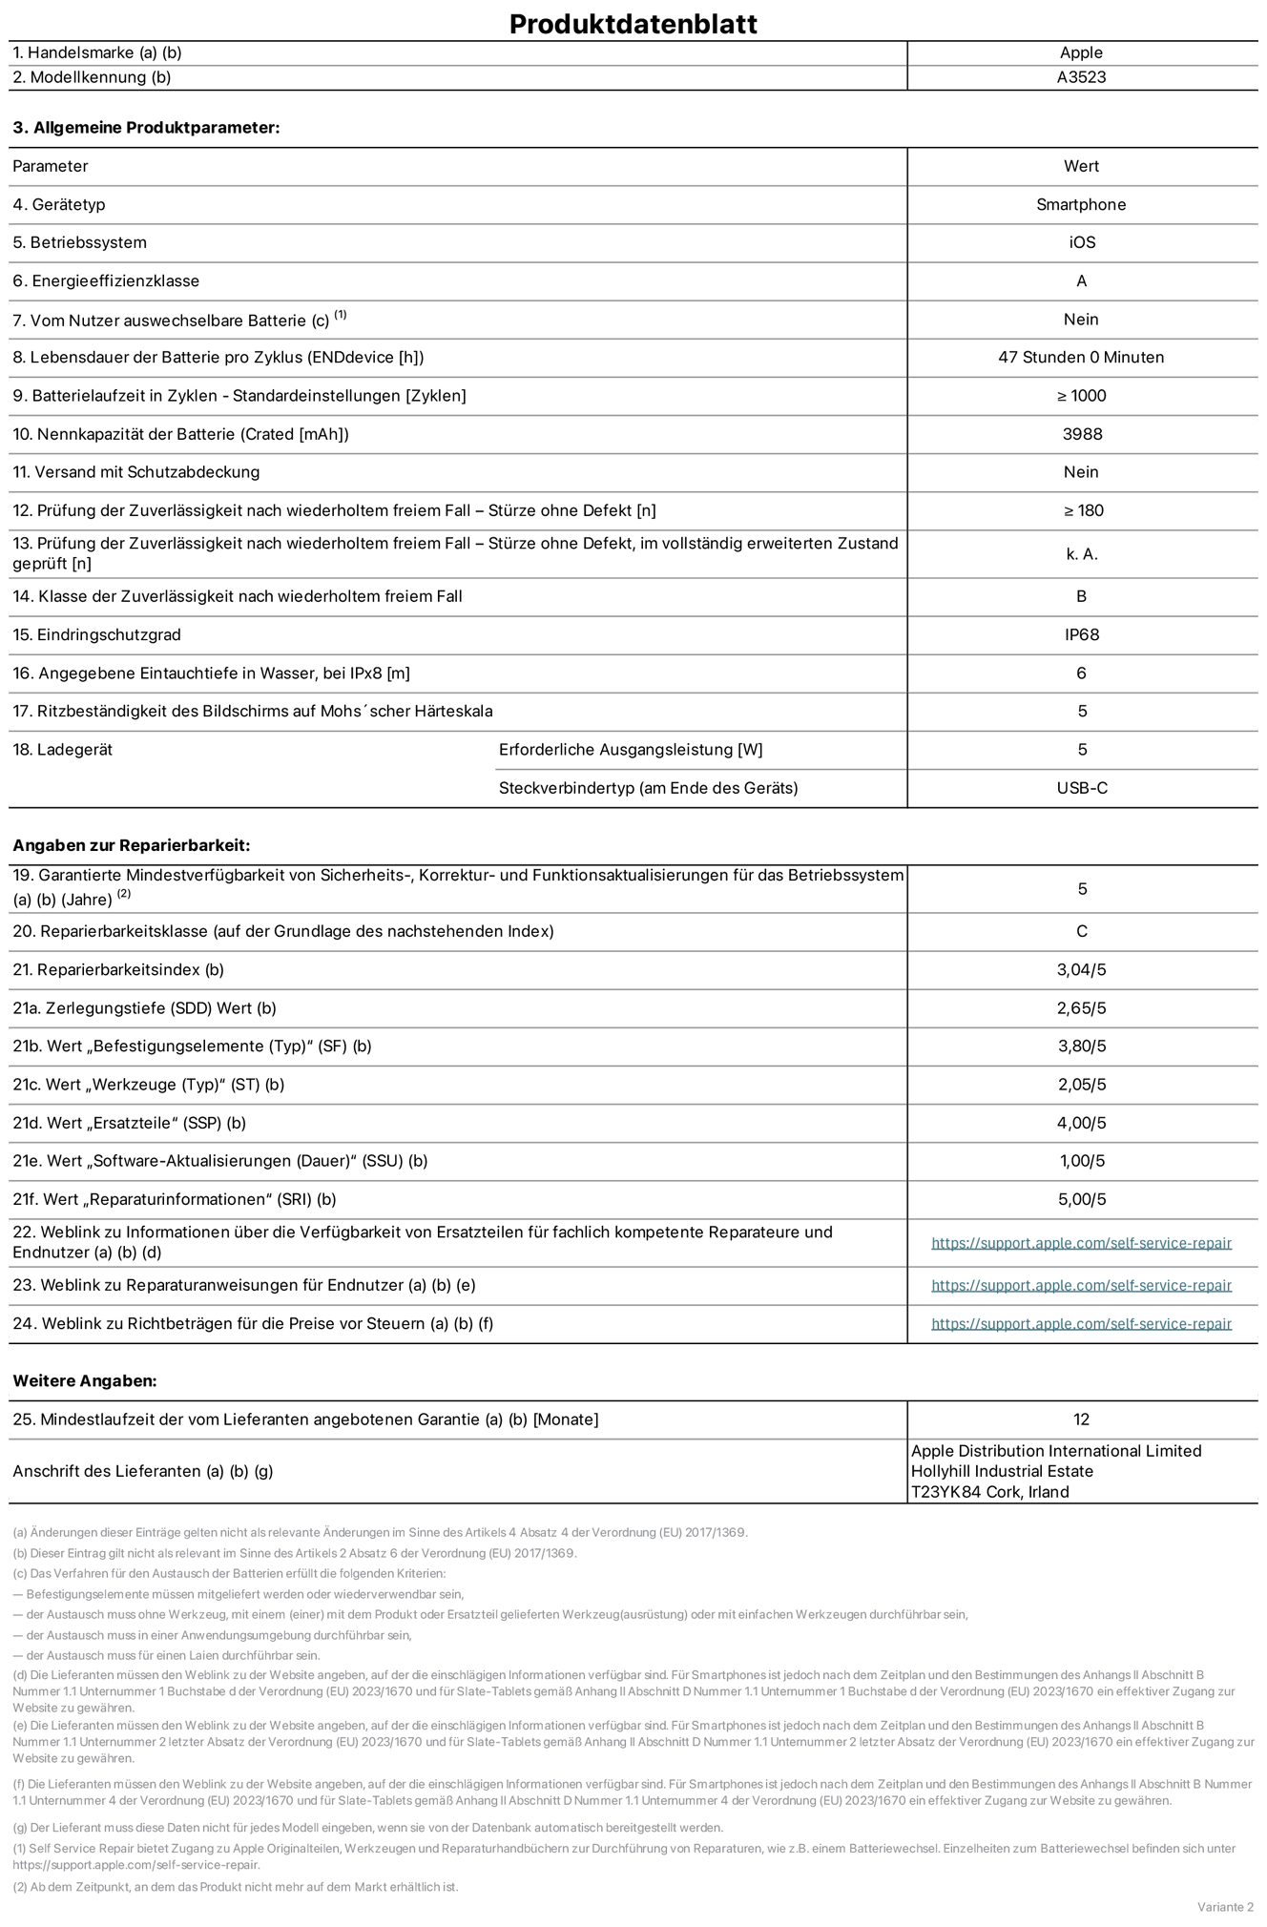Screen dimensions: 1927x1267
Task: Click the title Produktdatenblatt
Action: coord(633,24)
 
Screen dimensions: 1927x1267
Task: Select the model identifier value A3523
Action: coord(1081,77)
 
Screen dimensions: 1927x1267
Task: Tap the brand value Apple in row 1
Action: coord(1081,52)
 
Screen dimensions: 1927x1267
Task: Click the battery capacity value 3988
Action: coord(1082,434)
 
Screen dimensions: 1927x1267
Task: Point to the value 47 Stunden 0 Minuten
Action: coord(1081,358)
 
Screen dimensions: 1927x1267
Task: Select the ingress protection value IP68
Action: coord(1082,634)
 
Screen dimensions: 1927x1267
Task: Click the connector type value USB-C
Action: coord(1082,788)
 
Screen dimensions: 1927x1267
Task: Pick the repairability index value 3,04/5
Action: coord(1081,970)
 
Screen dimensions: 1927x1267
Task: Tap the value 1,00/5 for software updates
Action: coord(1081,1161)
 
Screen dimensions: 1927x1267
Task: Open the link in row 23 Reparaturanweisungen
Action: coord(1081,1286)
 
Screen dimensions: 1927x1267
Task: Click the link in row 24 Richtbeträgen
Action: coord(1081,1324)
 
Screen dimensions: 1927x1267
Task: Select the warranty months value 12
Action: coord(1081,1419)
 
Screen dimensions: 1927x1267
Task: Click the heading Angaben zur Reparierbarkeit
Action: coord(131,845)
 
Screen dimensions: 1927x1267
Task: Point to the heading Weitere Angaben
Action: coord(84,1380)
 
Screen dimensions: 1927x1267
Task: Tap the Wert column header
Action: coord(1081,166)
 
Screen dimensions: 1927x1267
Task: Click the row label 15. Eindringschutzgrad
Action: coord(96,634)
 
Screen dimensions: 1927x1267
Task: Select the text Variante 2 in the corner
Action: coord(1225,1907)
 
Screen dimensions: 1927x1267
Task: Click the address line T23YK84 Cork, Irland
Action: coord(989,1492)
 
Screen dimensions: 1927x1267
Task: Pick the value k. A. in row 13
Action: coord(1082,554)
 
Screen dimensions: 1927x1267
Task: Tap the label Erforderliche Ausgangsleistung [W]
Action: coord(631,750)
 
